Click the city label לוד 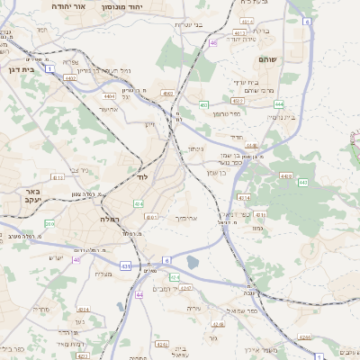(141, 176)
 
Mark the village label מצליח (103, 274)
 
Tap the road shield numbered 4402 (69, 78)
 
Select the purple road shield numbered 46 (212, 42)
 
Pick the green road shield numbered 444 (280, 103)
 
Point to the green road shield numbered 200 (50, 223)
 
